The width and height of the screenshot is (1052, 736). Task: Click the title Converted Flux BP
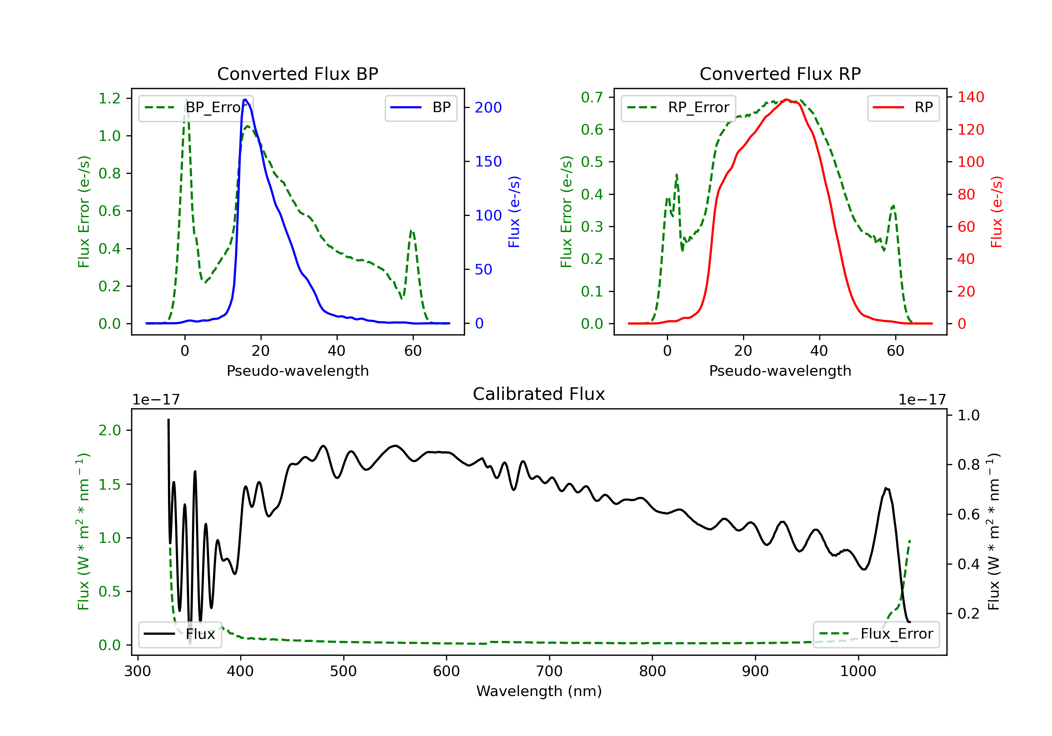[x=297, y=74]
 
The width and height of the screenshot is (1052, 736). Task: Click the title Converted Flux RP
[x=780, y=74]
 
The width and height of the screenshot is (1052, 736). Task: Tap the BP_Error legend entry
[x=196, y=108]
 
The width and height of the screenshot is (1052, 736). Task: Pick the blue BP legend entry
[x=420, y=108]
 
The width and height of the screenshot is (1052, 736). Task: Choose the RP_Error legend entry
[x=678, y=108]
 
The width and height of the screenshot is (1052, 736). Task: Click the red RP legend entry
[x=903, y=108]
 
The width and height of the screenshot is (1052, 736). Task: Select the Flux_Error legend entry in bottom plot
[x=876, y=634]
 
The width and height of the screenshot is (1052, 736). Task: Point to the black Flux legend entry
[x=180, y=634]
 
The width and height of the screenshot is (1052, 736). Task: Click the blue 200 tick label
[x=488, y=108]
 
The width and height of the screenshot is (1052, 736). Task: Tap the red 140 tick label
[x=970, y=97]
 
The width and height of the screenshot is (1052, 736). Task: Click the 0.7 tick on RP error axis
[x=592, y=97]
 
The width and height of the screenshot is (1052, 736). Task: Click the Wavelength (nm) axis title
[x=539, y=691]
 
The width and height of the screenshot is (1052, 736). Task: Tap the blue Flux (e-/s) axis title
[x=514, y=212]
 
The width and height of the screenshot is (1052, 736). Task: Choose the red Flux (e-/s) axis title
[x=997, y=212]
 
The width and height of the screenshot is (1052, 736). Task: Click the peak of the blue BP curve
[x=245, y=100]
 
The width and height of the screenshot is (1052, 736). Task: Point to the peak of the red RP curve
[x=786, y=100]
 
